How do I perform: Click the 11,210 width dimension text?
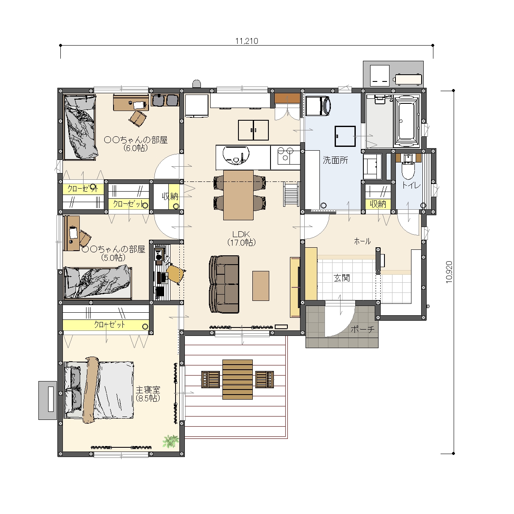pyautogui.click(x=246, y=41)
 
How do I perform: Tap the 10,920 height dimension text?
pyautogui.click(x=449, y=272)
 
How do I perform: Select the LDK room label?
pyautogui.click(x=241, y=234)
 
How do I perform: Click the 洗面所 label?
pyautogui.click(x=335, y=160)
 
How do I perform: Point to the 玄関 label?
pyautogui.click(x=342, y=278)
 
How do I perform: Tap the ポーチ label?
pyautogui.click(x=363, y=329)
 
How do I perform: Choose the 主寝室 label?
pyautogui.click(x=148, y=390)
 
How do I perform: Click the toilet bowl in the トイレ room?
pyautogui.click(x=408, y=170)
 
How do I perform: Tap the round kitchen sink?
pyautogui.click(x=236, y=155)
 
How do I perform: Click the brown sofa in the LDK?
pyautogui.click(x=224, y=284)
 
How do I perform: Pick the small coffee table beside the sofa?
pyautogui.click(x=261, y=286)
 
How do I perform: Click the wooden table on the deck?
pyautogui.click(x=238, y=379)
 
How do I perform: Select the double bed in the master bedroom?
pyautogui.click(x=99, y=390)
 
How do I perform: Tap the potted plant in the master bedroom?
pyautogui.click(x=170, y=441)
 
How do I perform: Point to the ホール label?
pyautogui.click(x=362, y=241)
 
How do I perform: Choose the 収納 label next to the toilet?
pyautogui.click(x=378, y=204)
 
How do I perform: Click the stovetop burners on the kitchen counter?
pyautogui.click(x=285, y=154)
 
